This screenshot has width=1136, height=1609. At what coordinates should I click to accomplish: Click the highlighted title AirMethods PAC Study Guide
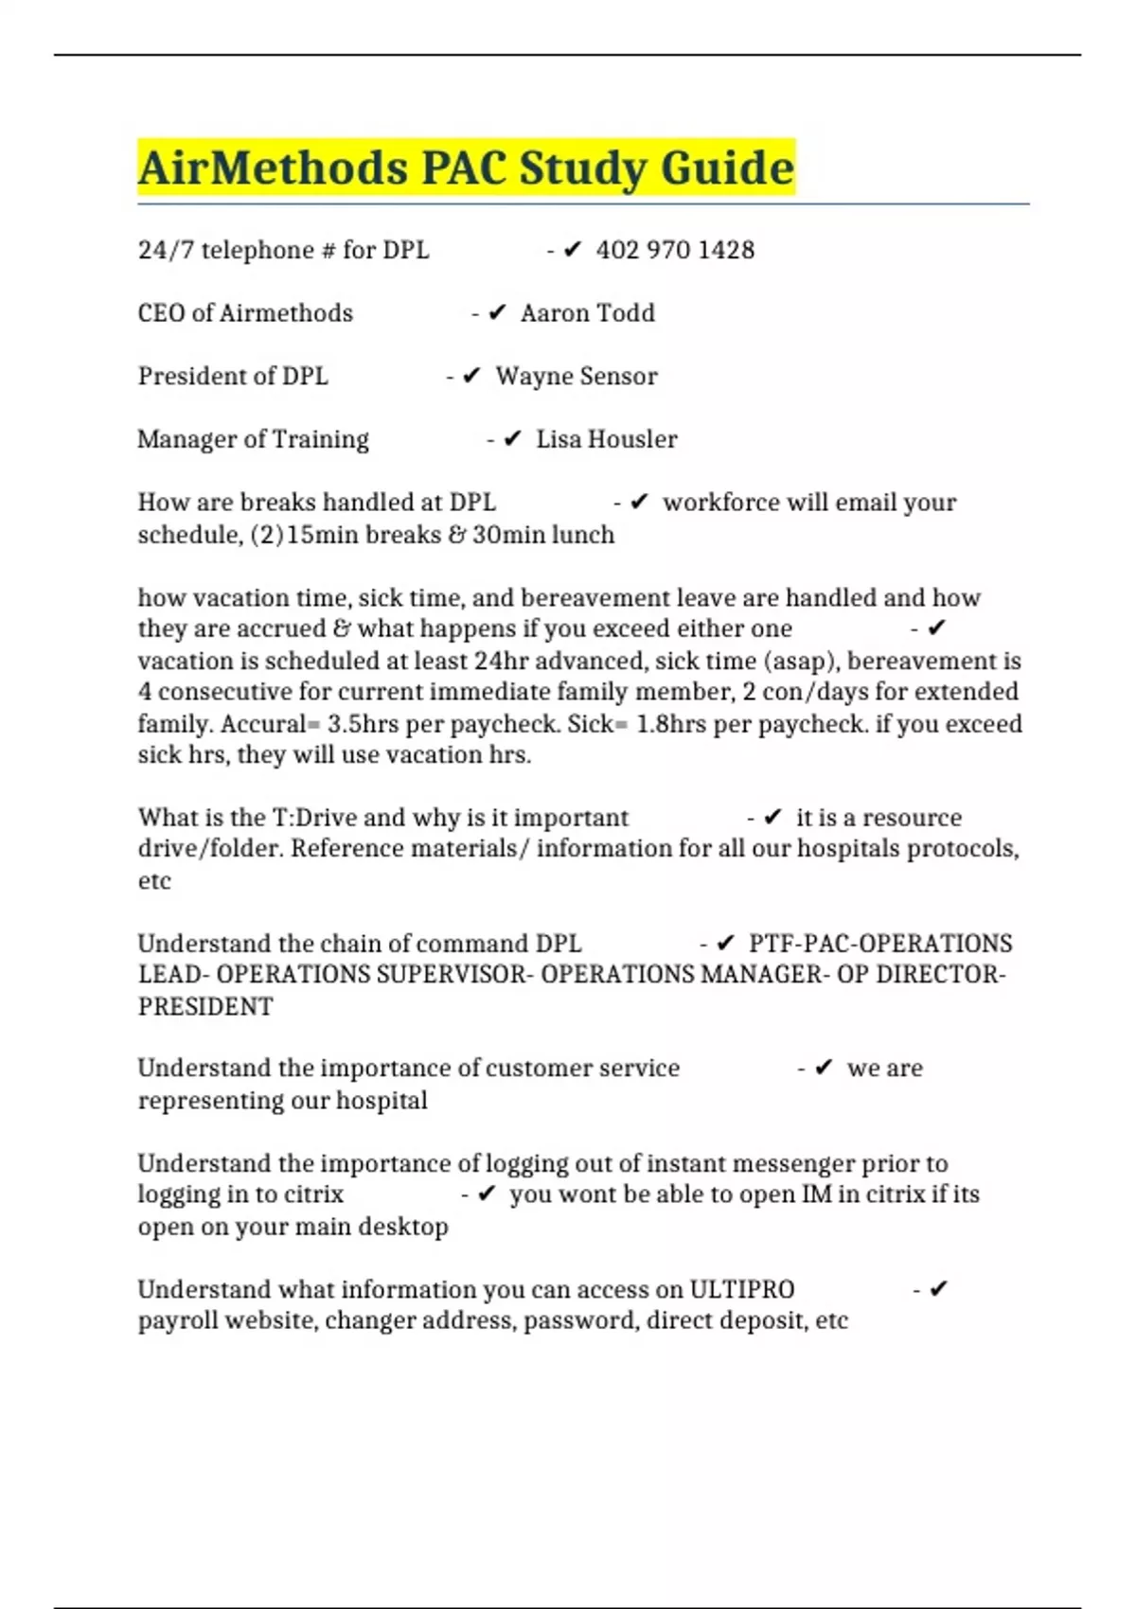point(466,168)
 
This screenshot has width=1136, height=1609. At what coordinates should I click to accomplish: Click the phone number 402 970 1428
point(675,250)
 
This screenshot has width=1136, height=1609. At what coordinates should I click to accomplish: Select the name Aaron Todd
point(587,313)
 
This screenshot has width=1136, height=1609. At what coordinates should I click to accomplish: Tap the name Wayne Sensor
point(576,377)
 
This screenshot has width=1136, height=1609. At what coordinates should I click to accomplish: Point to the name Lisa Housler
point(606,439)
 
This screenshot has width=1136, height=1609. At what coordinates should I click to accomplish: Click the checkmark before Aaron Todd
point(497,313)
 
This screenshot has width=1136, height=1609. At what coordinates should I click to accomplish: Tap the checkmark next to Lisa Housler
point(512,439)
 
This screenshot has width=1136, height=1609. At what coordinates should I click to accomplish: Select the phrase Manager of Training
point(253,439)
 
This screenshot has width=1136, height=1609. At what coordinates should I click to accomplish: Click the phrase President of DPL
point(233,377)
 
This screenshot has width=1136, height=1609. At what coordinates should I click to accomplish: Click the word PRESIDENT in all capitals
point(205,1006)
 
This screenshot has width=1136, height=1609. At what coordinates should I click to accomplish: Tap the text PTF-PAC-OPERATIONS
point(879,944)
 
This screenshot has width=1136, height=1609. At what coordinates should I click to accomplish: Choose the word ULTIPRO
point(741,1289)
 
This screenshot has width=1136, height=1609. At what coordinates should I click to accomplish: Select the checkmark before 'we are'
point(824,1069)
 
